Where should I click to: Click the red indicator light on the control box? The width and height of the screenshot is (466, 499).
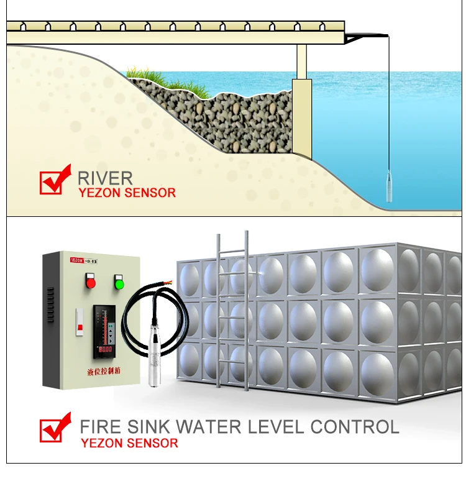point(91,283)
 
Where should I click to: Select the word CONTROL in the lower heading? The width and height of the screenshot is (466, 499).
point(355,428)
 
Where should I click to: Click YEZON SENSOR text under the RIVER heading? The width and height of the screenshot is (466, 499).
point(127,193)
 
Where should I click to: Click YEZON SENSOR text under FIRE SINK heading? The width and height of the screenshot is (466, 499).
point(129,443)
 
